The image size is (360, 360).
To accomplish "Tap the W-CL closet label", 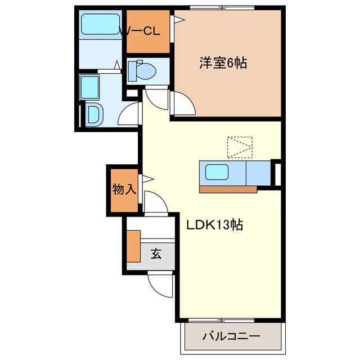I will (x=141, y=31).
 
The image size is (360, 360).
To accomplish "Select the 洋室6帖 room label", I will (x=223, y=62).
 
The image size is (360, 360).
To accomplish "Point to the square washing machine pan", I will (x=90, y=87).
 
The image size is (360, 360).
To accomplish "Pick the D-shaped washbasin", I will (x=94, y=115).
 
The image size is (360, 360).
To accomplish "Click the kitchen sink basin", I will (x=216, y=172).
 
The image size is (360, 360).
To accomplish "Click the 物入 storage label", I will (x=124, y=190).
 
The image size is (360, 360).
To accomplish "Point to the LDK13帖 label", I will (x=214, y=224).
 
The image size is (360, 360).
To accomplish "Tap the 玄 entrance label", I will (x=156, y=254).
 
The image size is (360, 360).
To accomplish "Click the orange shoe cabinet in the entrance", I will (x=133, y=246).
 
